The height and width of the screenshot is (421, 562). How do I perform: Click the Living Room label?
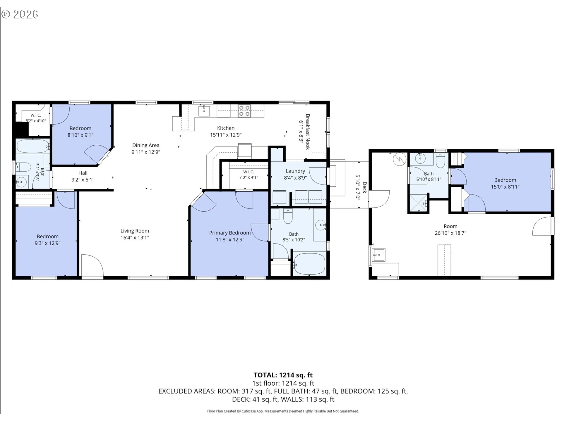coord(135,231)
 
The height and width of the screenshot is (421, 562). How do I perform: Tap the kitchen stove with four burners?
coord(244,111)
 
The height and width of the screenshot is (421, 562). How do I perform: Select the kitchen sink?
coord(204,111)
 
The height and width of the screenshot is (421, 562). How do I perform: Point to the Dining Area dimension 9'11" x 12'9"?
coord(146,152)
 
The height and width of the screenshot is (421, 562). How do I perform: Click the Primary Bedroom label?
coord(230,233)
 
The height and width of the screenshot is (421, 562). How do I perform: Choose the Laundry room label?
coord(295,171)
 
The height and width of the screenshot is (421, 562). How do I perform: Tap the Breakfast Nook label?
coord(308,132)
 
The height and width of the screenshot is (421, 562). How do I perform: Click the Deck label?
coord(364,187)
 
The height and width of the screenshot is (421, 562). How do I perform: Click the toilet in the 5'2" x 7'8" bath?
coord(23,168)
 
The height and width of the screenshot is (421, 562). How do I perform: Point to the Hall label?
coord(83,173)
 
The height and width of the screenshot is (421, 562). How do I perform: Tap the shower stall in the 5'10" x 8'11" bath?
coord(419,202)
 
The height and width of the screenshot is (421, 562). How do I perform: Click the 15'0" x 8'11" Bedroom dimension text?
coord(505,187)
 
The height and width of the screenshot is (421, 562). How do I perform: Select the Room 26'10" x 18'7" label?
coord(450,230)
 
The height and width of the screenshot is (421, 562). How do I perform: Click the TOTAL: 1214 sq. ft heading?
coord(283,375)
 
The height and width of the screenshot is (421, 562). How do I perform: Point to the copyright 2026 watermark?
coord(20,14)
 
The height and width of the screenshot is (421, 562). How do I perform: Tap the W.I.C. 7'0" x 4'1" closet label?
coord(249,175)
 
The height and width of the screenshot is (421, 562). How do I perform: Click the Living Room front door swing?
coord(92,265)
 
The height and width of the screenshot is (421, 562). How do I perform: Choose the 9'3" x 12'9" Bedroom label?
coord(47,240)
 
